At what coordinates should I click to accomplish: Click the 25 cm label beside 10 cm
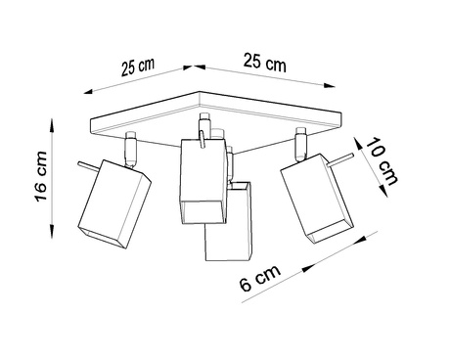264,65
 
